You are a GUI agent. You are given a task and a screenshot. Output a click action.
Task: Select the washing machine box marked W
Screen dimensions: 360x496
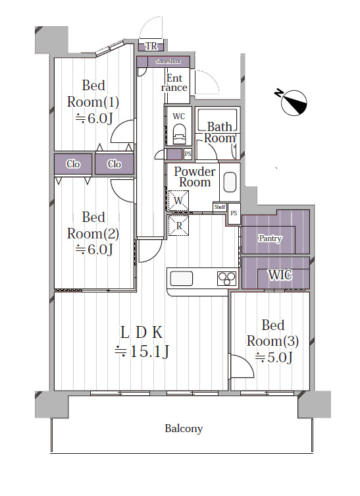click(178, 200)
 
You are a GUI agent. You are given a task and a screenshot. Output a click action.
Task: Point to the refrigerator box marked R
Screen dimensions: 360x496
click(178, 225)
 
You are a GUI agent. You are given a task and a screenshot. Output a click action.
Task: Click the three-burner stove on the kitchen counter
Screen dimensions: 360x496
click(227, 279)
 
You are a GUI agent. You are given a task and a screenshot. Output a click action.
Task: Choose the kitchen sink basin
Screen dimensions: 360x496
click(182, 279)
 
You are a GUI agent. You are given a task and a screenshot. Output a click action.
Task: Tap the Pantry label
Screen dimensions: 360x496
click(270, 238)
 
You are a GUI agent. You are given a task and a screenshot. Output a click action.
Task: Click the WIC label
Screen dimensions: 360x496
click(280, 275)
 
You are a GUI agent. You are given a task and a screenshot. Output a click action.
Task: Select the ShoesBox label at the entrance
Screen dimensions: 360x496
click(168, 61)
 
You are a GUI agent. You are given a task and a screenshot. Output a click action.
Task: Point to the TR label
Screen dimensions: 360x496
click(151, 46)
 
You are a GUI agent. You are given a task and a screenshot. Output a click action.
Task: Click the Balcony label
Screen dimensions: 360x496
click(184, 429)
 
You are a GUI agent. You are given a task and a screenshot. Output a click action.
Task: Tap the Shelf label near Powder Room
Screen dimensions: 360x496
click(220, 207)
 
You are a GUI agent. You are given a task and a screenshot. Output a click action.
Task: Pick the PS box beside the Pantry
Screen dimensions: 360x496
click(234, 214)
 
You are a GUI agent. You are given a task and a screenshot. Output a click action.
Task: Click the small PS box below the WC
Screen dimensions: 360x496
click(188, 154)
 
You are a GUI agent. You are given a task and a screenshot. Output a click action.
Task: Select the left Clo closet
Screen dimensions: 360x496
click(73, 164)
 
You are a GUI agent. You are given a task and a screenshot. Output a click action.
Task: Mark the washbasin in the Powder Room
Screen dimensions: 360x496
click(230, 182)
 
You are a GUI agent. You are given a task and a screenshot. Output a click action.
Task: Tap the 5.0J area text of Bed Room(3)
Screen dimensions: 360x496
click(274, 358)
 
